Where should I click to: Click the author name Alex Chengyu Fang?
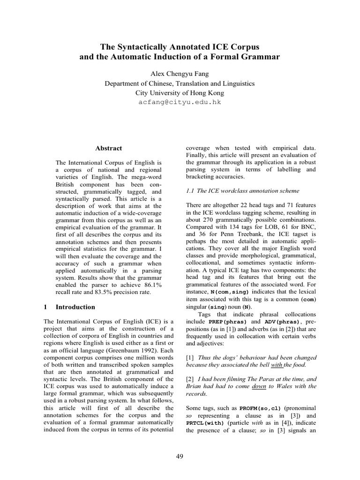(x=180, y=75)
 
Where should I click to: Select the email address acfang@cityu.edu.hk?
(x=180, y=102)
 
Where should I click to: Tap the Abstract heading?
(x=108, y=148)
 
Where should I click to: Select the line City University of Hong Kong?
(x=180, y=93)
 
